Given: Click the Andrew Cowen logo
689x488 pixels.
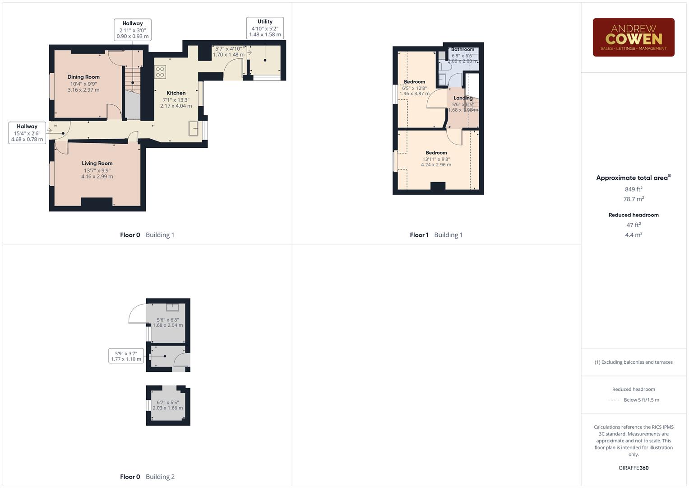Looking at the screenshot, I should pos(633,38).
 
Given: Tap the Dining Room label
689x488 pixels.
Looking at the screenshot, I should pos(83,77).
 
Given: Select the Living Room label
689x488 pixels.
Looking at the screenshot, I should pos(97,164).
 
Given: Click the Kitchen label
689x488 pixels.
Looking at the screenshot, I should pos(176,93).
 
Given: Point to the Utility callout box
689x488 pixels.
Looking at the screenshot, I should pos(265,28).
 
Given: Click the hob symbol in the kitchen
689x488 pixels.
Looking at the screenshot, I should pos(160,72).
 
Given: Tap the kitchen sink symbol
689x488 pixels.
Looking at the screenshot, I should pos(194,128).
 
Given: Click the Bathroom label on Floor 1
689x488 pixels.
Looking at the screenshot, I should pos(462,49).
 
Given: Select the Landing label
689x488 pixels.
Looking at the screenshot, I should pos(463,98).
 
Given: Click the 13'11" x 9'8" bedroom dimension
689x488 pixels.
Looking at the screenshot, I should pos(436,159).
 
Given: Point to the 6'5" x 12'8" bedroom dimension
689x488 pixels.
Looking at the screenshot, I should pos(414,88).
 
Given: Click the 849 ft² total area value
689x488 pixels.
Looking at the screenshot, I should pos(634,189).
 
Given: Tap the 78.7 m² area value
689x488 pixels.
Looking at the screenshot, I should pos(634,199).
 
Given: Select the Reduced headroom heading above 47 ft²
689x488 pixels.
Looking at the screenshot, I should pos(634,215).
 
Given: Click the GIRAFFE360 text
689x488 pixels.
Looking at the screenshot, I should pos(634,468).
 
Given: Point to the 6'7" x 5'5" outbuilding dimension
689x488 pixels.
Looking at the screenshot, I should pos(168,403).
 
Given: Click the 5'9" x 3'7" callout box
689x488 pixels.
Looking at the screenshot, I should pos(126,356).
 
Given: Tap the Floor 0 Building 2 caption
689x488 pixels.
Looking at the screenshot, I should pos(147,477).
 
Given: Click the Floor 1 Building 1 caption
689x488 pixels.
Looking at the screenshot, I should pos(436,235).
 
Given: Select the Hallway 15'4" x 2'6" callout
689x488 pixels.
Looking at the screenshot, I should pos(27,133).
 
